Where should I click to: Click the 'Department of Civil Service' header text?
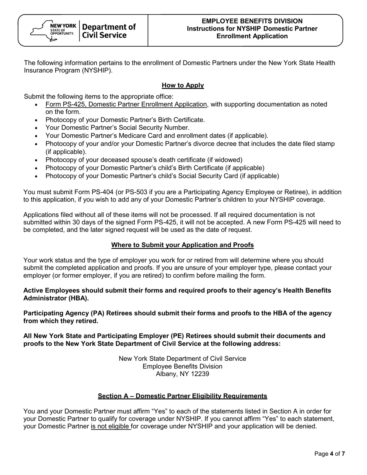(x=109, y=31)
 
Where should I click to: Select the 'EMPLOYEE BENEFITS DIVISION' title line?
(x=252, y=21)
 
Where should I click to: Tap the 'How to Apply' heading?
(x=183, y=85)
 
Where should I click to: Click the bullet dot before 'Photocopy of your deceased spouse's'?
(x=36, y=160)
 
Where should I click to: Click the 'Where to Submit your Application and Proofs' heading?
(x=182, y=245)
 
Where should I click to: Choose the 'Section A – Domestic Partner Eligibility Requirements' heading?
(x=182, y=396)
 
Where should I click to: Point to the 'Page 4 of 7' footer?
(x=329, y=454)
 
